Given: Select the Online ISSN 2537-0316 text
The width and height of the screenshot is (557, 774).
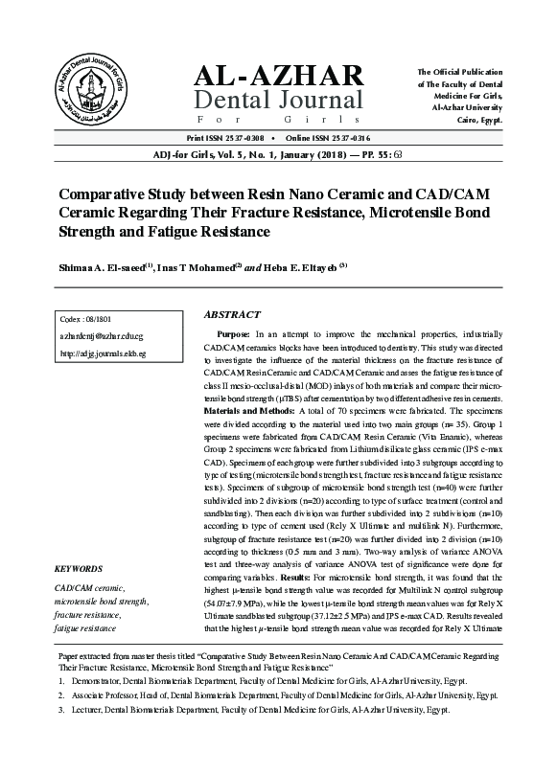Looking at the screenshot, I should point(330,138).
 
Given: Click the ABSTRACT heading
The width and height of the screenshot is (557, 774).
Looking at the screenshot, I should point(232,314).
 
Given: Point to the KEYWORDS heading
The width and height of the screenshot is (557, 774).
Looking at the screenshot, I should point(81,568).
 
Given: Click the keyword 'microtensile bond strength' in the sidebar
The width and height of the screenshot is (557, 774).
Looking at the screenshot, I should point(102,601).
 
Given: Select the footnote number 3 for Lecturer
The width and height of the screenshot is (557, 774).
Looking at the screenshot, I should point(61,739).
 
